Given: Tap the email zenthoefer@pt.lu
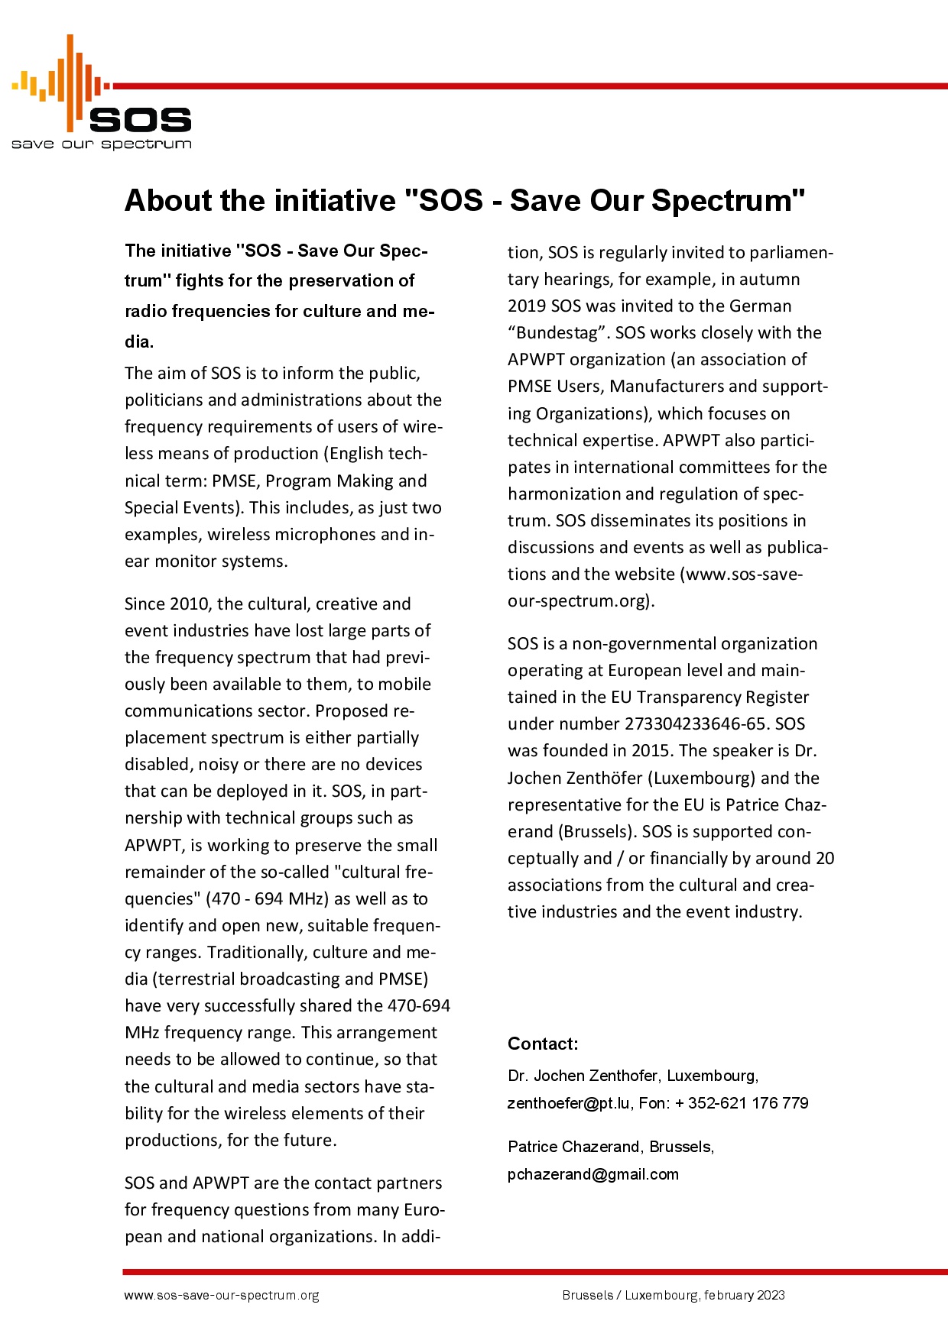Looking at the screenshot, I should [x=569, y=1103].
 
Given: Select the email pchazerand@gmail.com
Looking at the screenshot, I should [x=593, y=1174].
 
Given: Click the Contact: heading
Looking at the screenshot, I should [x=543, y=1044].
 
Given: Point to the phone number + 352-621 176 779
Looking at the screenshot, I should [x=742, y=1103].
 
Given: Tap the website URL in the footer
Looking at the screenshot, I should [x=222, y=1296].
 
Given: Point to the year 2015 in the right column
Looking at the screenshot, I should [x=651, y=751].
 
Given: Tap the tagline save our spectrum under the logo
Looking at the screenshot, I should [x=101, y=144].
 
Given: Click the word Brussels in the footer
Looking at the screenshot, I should [x=587, y=1296].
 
